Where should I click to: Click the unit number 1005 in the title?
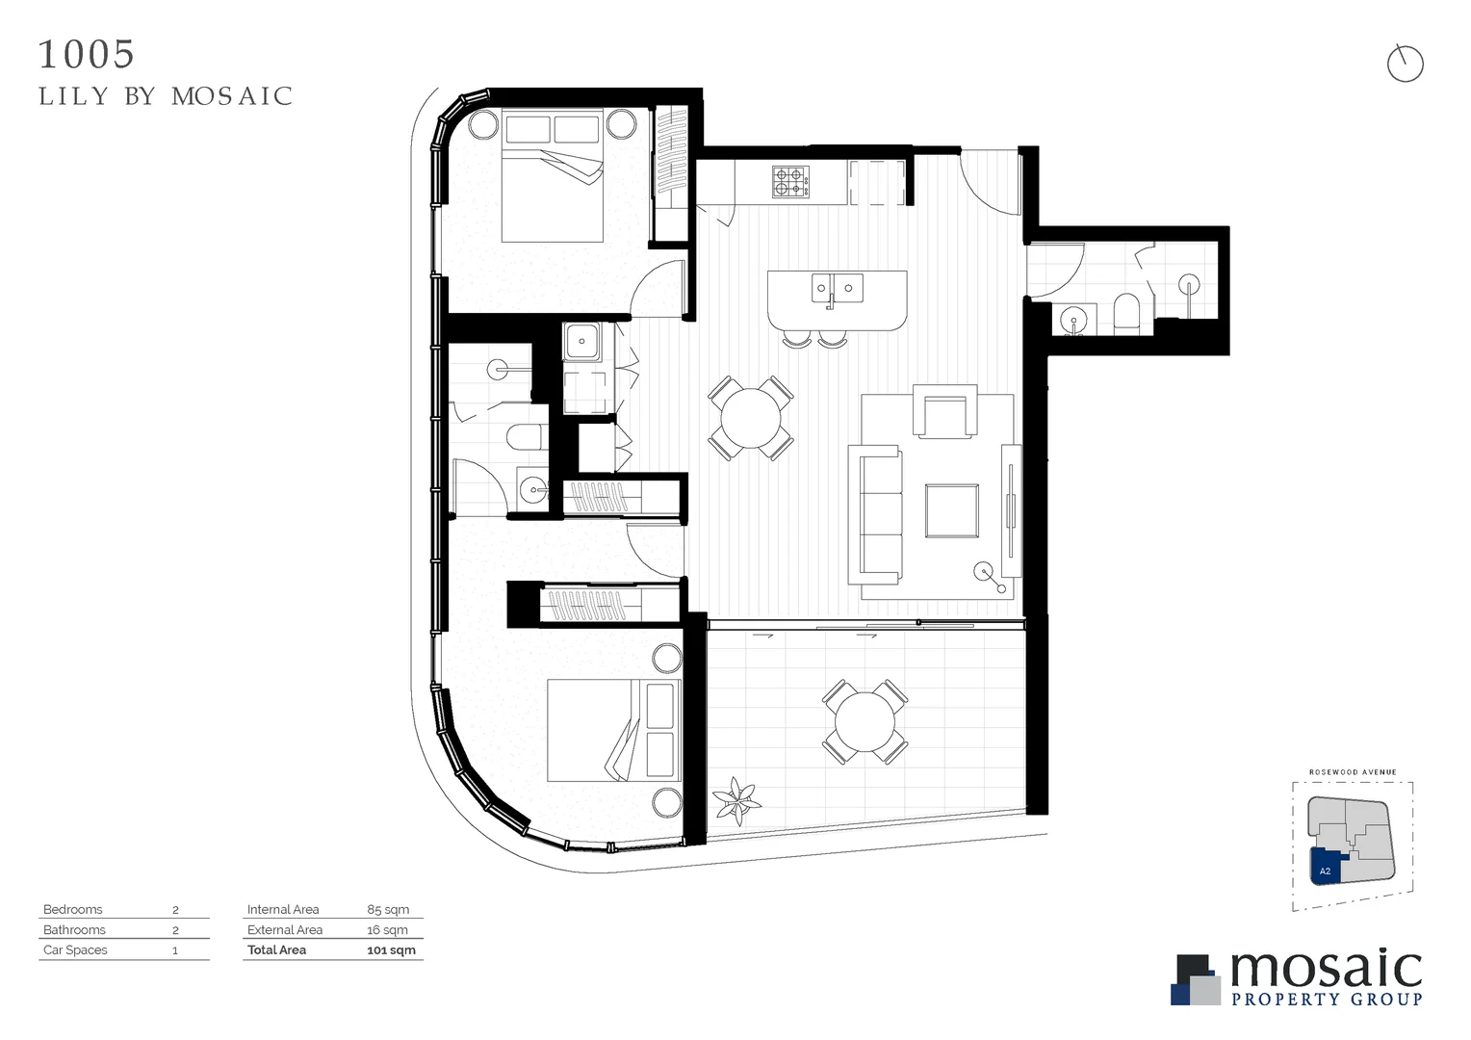pyautogui.click(x=87, y=55)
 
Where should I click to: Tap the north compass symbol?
pyautogui.click(x=1405, y=65)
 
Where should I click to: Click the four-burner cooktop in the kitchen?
pyautogui.click(x=789, y=182)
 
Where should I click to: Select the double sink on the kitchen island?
pyautogui.click(x=836, y=287)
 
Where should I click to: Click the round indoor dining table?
pyautogui.click(x=751, y=418)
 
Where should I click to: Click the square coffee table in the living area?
pyautogui.click(x=951, y=510)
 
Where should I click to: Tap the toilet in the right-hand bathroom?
pyautogui.click(x=1125, y=313)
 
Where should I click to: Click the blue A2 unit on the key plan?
pyautogui.click(x=1325, y=866)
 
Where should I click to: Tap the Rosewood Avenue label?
pyautogui.click(x=1353, y=772)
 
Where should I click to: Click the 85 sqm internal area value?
pyautogui.click(x=388, y=909)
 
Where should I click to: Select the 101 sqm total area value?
pyautogui.click(x=391, y=949)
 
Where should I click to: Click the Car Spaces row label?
pyautogui.click(x=75, y=949)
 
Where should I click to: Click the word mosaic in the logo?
pyautogui.click(x=1326, y=969)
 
